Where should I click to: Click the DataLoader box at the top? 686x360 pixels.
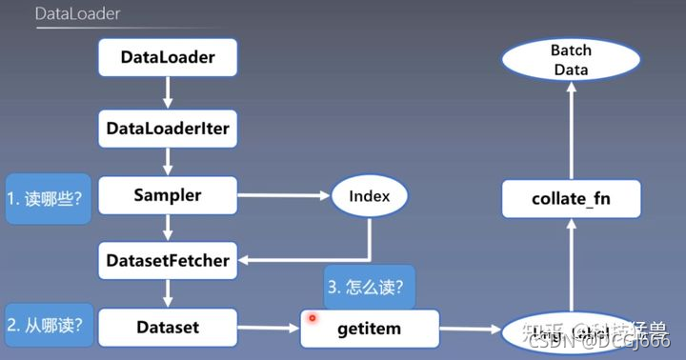pos(168,58)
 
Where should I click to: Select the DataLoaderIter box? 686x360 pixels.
pos(168,128)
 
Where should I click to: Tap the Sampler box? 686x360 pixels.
pos(168,196)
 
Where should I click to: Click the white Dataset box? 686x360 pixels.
pos(168,328)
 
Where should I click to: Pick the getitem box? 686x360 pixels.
pos(370,329)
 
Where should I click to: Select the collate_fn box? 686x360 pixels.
pos(572,199)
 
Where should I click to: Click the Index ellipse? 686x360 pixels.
pos(370,197)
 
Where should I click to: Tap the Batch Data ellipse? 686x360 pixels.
pos(571,59)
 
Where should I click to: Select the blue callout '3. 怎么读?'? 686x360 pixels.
pos(368,286)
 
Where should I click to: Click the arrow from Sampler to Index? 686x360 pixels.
pos(282,197)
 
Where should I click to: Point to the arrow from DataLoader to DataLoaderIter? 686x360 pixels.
pos(168,92)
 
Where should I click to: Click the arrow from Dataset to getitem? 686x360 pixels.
pos(268,329)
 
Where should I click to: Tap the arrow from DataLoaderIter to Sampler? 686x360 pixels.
pos(168,160)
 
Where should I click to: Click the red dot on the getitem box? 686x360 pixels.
pos(312,317)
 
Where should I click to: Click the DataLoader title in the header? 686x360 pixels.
pos(77,14)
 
